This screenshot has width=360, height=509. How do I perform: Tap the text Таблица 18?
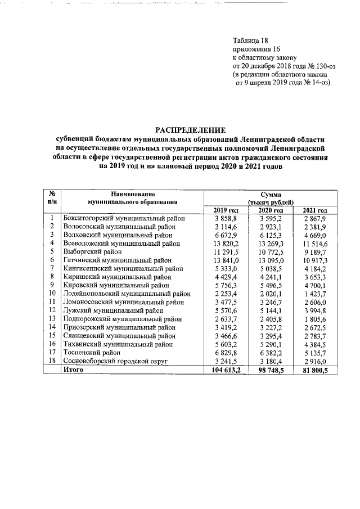pyautogui.click(x=250, y=40)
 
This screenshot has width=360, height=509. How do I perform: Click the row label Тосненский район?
pyautogui.click(x=93, y=352)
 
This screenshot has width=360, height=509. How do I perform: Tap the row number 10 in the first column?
pyautogui.click(x=51, y=293)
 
